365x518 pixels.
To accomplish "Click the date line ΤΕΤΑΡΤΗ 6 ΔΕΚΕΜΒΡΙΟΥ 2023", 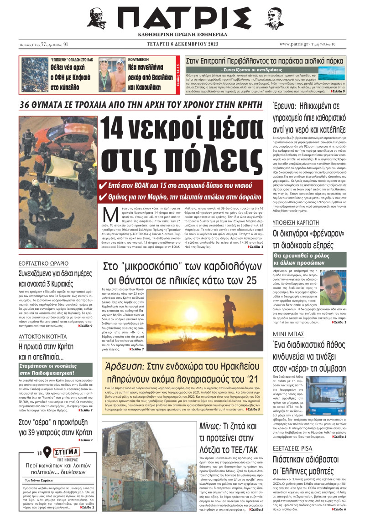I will click(182, 44).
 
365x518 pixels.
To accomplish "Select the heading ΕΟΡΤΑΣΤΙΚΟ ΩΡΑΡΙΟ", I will click(42, 263).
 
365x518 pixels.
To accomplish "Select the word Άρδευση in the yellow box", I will click(125, 367).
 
